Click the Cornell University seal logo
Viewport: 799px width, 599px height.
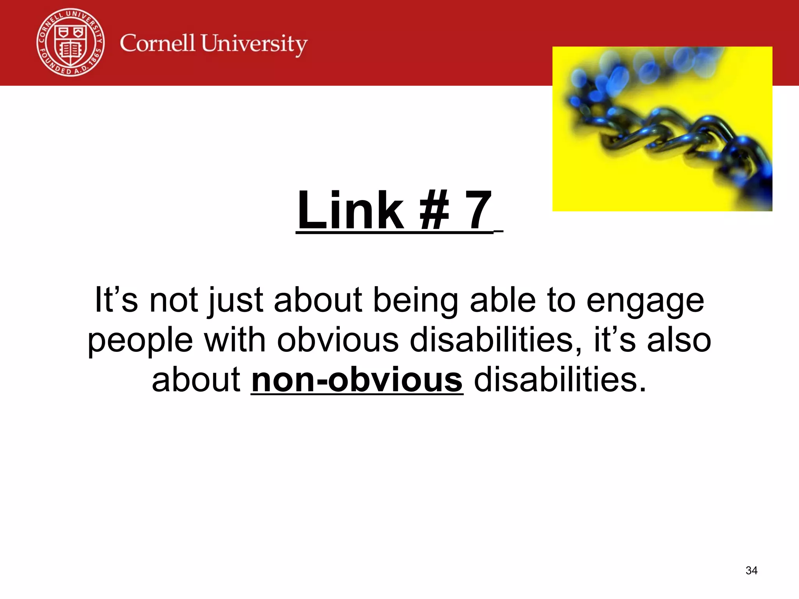[x=71, y=42]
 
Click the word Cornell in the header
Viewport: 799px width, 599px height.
[x=157, y=43]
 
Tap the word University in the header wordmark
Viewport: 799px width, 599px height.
[x=254, y=44]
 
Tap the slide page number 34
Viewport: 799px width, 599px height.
[x=751, y=571]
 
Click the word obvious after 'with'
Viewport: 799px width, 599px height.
[x=338, y=340]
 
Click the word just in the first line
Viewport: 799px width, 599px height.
[x=236, y=301]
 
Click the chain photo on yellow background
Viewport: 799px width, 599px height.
[x=662, y=129]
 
